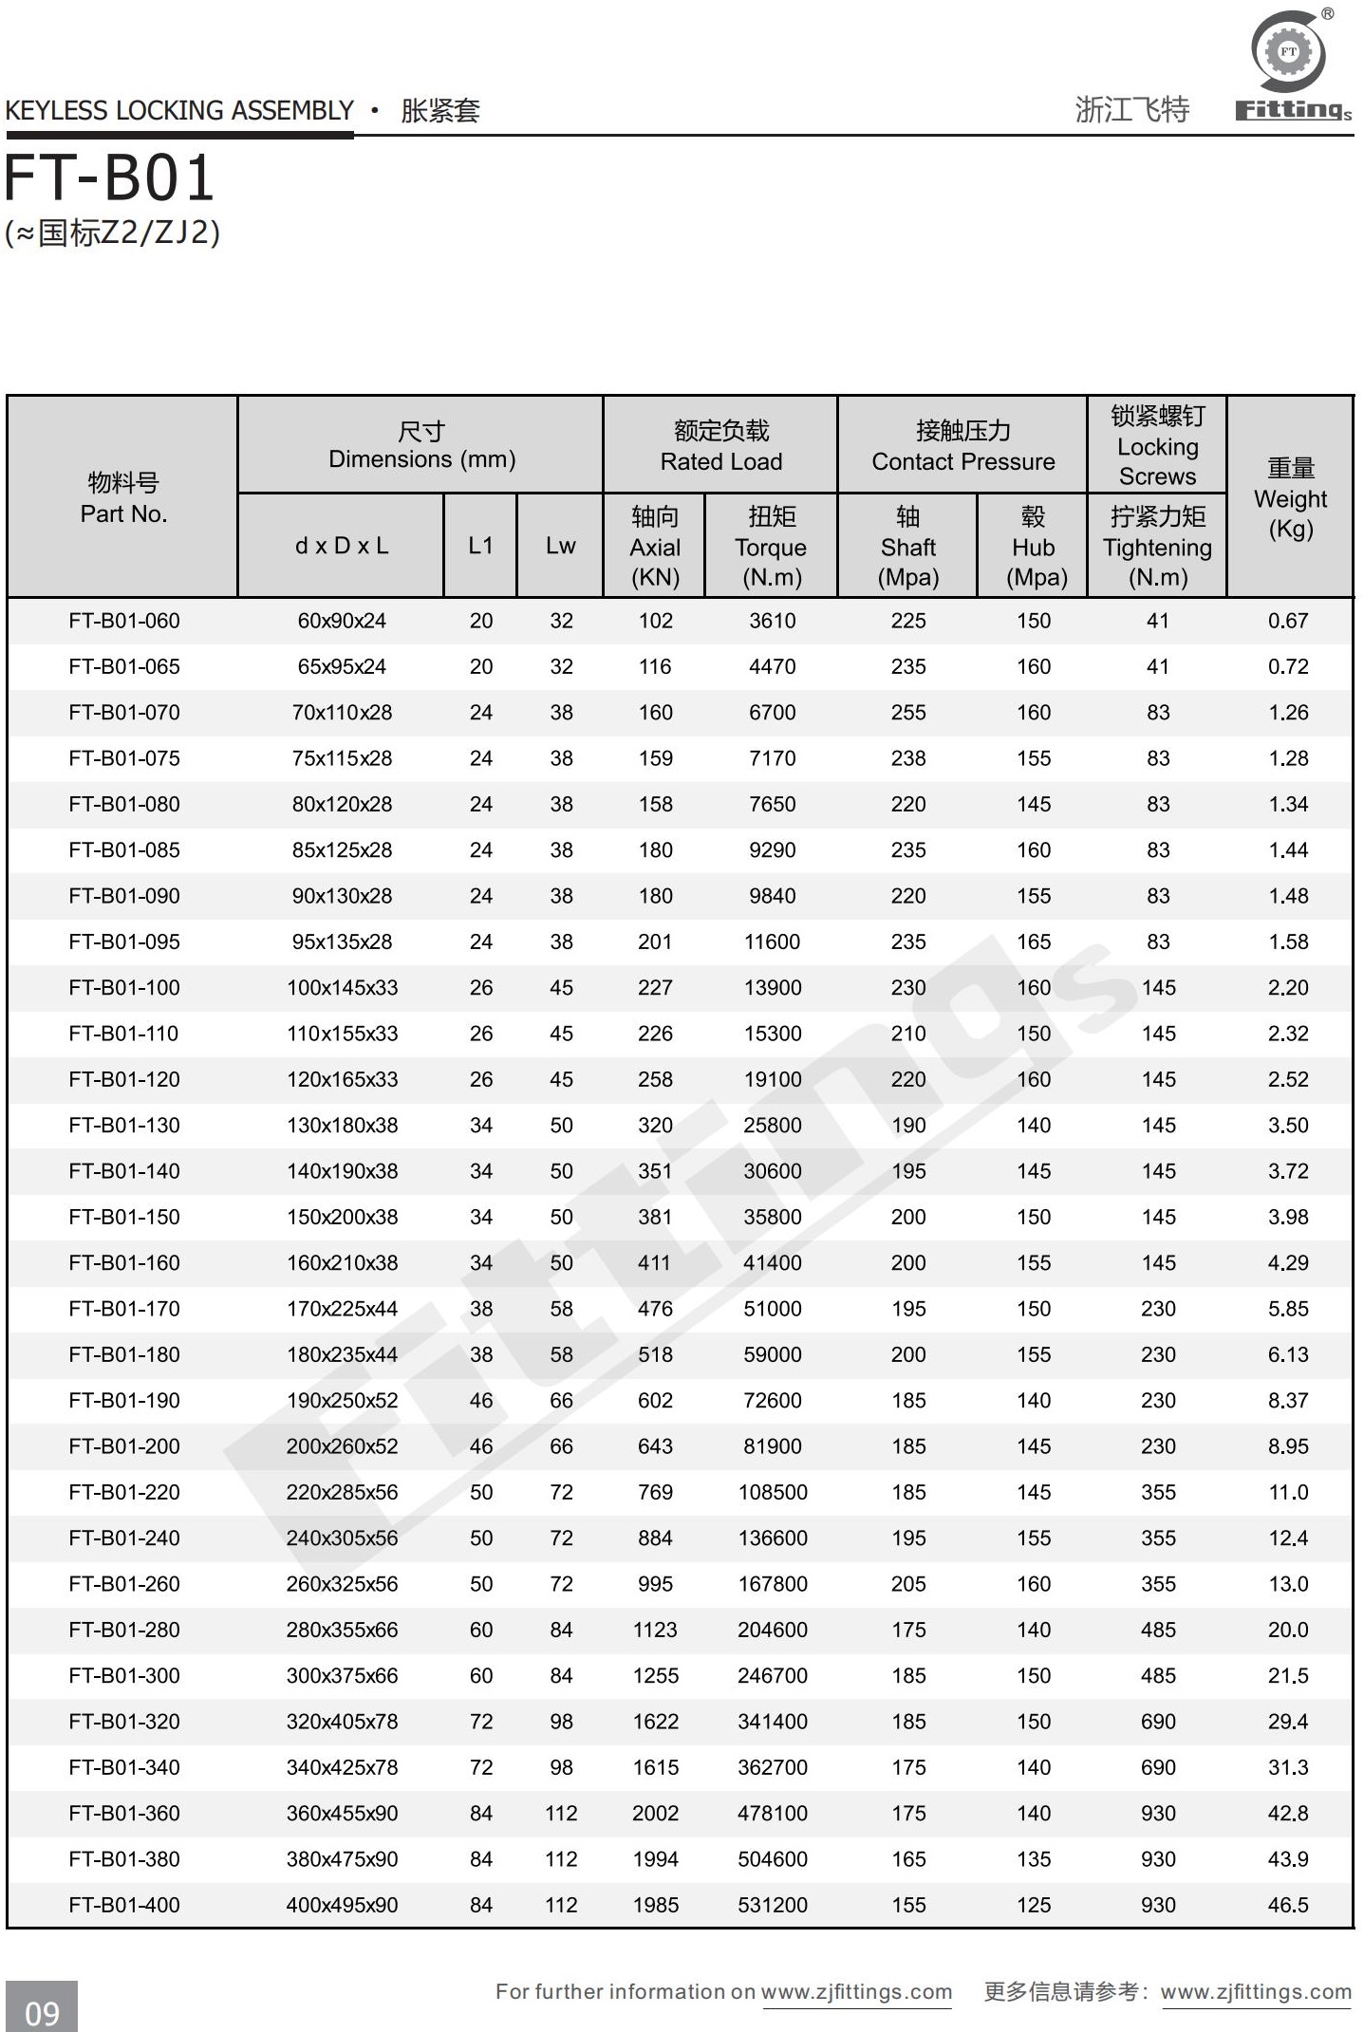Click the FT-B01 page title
(110, 179)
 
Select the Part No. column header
(123, 498)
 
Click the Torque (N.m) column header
(771, 547)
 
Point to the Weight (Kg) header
(1290, 498)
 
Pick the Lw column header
(560, 546)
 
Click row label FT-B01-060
(124, 621)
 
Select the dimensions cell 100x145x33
(342, 988)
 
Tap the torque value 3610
(772, 621)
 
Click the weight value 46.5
(1288, 1905)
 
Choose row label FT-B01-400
(124, 1905)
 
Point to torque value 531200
(772, 1905)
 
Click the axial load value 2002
(655, 1813)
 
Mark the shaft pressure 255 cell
(907, 713)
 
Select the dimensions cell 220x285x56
(342, 1492)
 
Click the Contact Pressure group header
(962, 445)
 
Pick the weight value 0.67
(1288, 621)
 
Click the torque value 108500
(772, 1492)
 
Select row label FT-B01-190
(124, 1400)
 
